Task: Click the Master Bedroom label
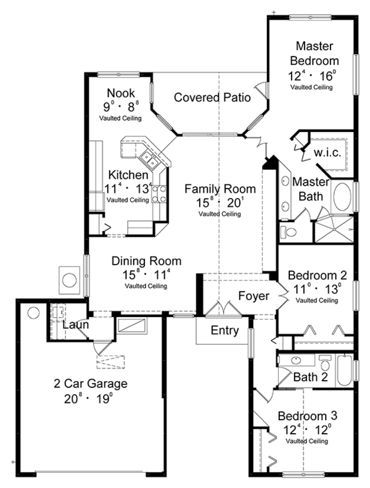pyautogui.click(x=314, y=53)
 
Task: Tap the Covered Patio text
pyautogui.click(x=212, y=97)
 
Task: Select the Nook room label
pyautogui.click(x=121, y=93)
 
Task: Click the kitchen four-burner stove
pyautogui.click(x=158, y=194)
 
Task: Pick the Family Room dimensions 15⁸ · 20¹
pyautogui.click(x=220, y=202)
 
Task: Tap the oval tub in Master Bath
pyautogui.click(x=342, y=197)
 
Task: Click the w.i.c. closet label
pyautogui.click(x=327, y=153)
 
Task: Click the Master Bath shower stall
pyautogui.click(x=334, y=230)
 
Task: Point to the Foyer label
pyautogui.click(x=253, y=296)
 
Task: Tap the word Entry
pyautogui.click(x=224, y=330)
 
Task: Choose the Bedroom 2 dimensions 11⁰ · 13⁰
pyautogui.click(x=317, y=289)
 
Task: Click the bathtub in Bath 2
pyautogui.click(x=344, y=371)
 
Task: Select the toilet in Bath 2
pyautogui.click(x=325, y=363)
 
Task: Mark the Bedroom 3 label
pyautogui.click(x=308, y=416)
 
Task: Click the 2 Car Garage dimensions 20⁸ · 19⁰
pyautogui.click(x=88, y=399)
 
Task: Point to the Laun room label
pyautogui.click(x=76, y=325)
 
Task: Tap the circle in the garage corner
pyautogui.click(x=33, y=313)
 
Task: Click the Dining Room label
pyautogui.click(x=146, y=261)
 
